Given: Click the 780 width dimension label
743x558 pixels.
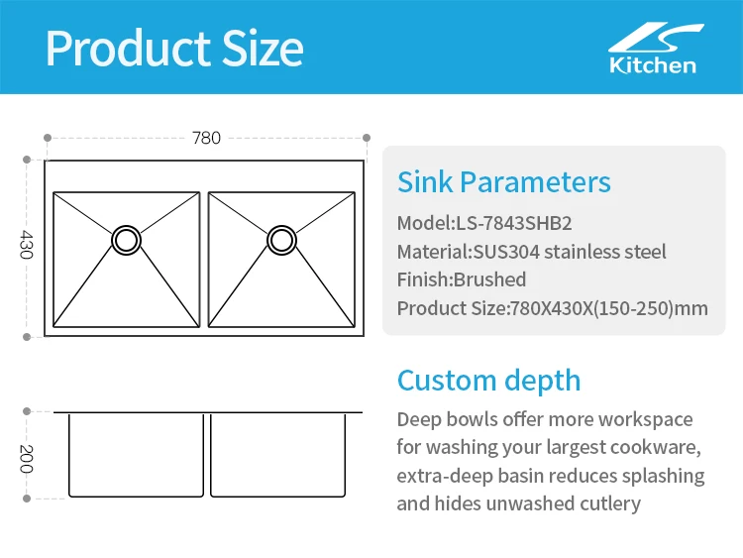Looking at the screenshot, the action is (x=206, y=138).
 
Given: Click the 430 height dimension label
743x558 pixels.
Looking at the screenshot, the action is (x=27, y=246).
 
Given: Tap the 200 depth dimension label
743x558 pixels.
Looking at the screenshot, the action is (x=27, y=458).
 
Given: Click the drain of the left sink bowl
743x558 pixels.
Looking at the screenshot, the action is (x=127, y=239).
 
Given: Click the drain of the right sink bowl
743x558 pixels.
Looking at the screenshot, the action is (x=281, y=239).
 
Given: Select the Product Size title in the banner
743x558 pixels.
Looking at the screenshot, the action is (x=174, y=48).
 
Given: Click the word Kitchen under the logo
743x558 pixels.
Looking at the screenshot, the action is (x=652, y=65).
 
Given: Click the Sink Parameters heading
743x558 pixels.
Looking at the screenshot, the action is (x=503, y=182).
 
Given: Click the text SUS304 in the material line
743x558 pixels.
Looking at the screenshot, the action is (x=505, y=251).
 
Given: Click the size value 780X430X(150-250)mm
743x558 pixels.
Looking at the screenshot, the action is (x=608, y=308).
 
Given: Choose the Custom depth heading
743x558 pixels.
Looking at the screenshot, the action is (x=488, y=381).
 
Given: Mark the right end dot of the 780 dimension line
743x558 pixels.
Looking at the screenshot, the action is (x=367, y=138).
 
